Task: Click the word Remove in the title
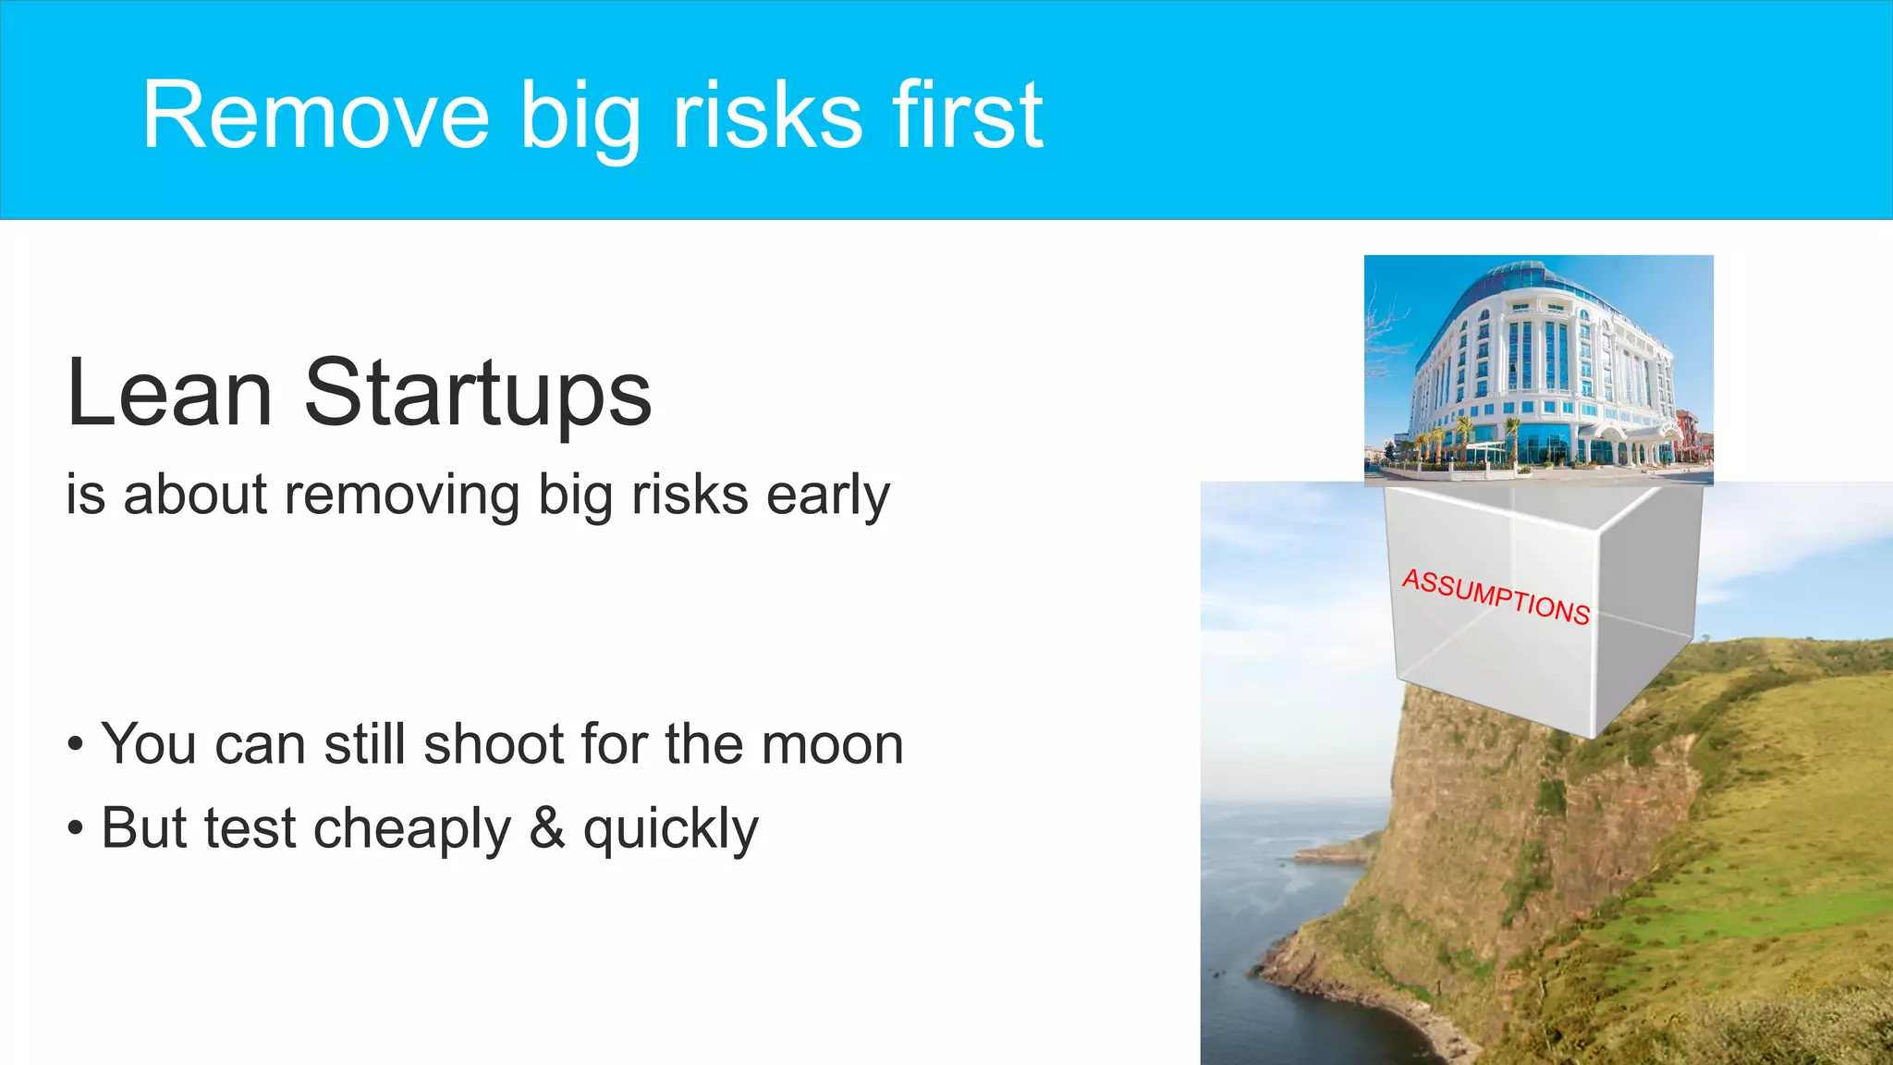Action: (315, 116)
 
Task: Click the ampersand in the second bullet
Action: (547, 827)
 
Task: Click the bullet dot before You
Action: (76, 745)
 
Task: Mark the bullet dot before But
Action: (76, 828)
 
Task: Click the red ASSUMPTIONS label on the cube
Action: (1496, 597)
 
